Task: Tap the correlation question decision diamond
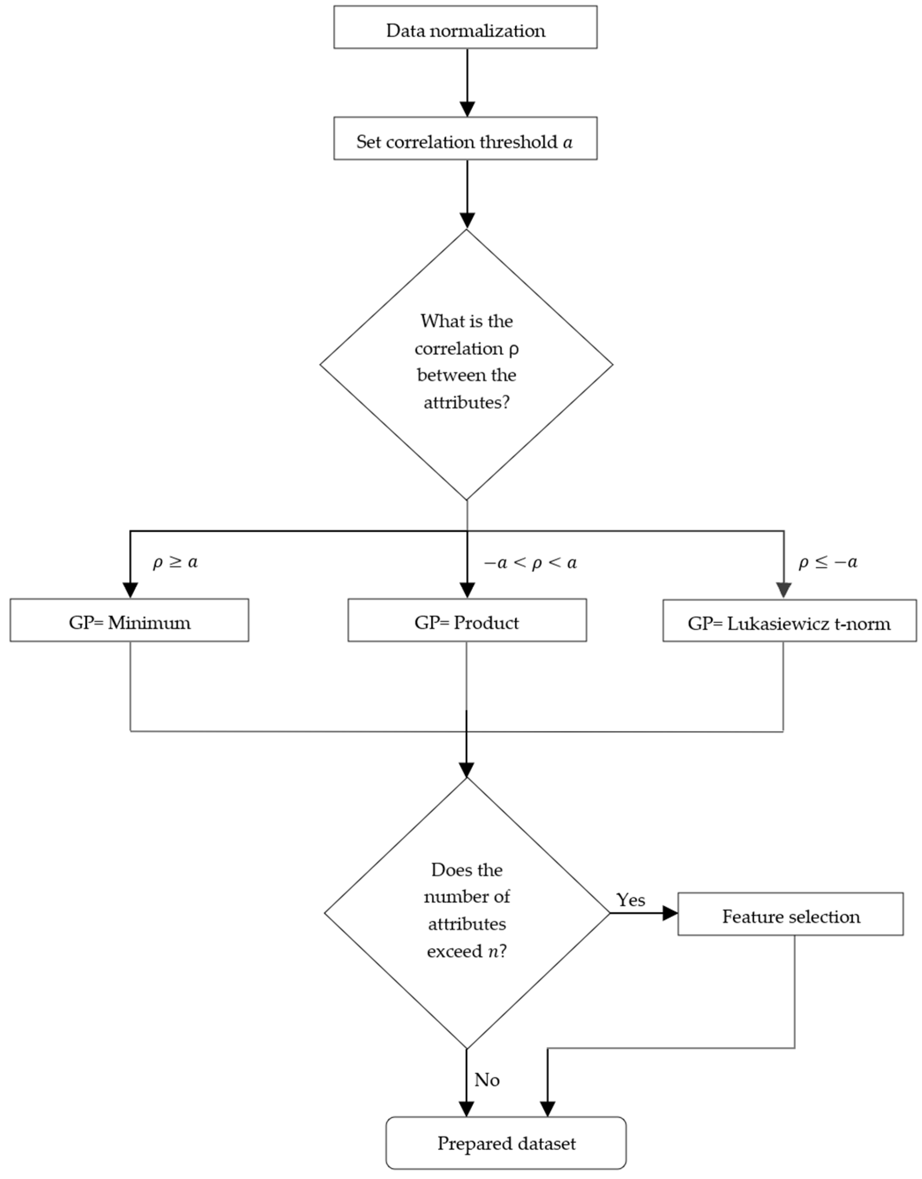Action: click(466, 364)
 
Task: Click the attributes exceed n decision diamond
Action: click(467, 912)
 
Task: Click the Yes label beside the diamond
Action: click(630, 900)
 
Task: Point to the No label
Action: click(486, 1080)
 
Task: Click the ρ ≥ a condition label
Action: click(175, 563)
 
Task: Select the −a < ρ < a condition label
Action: click(530, 563)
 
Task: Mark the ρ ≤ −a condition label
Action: click(828, 563)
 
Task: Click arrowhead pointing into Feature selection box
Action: click(670, 913)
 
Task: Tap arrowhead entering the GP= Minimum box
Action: click(130, 590)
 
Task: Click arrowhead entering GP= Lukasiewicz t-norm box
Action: click(783, 590)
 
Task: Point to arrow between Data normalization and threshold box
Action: click(467, 81)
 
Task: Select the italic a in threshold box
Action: click(567, 142)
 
